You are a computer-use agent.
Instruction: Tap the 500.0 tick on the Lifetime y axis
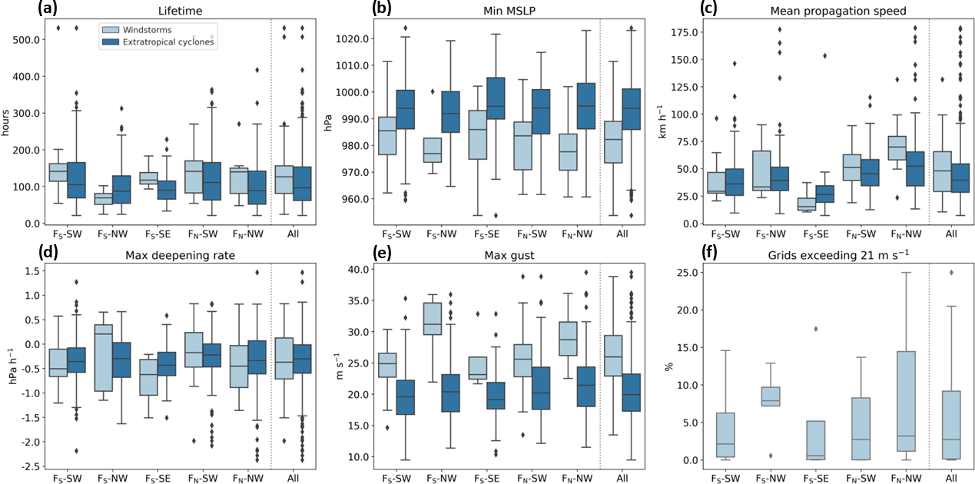(x=26, y=39)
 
